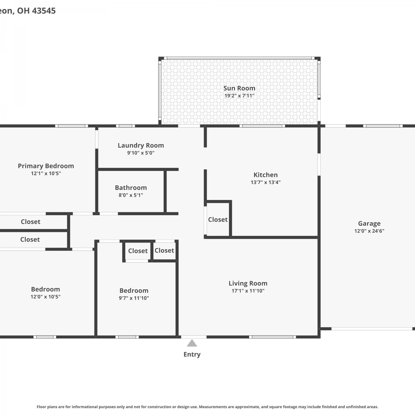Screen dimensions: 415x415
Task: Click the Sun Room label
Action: pos(239,88)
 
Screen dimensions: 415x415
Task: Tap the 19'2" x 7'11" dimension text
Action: pos(239,96)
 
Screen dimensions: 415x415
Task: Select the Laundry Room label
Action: pos(141,146)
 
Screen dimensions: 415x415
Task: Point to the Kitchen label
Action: pos(266,175)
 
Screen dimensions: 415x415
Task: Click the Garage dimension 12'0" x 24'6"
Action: pos(369,231)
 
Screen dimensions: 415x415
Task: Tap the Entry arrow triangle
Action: pos(192,343)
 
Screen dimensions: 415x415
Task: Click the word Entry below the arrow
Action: pos(192,354)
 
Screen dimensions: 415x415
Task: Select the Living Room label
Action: pos(248,283)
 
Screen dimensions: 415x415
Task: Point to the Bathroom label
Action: pos(131,188)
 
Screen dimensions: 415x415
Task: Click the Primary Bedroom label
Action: pos(46,166)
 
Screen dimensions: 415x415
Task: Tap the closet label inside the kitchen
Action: pos(218,220)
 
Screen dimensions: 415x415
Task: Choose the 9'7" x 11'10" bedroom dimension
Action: pos(134,298)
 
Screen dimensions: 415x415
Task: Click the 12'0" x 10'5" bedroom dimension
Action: pos(45,297)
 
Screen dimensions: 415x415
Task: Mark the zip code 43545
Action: pos(44,11)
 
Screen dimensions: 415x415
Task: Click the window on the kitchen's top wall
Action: pos(262,126)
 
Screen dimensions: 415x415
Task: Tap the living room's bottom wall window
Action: pos(273,337)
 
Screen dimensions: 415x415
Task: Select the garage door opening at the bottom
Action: pos(372,329)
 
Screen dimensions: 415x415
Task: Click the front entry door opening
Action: pos(194,337)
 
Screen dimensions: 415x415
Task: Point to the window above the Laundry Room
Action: pos(125,126)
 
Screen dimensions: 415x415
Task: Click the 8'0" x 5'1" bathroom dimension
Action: pos(131,195)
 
